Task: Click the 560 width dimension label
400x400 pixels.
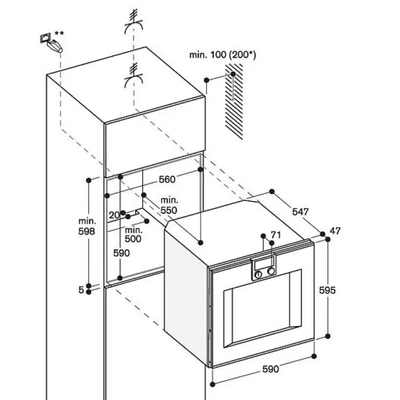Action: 167,179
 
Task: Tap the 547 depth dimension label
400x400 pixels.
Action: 300,212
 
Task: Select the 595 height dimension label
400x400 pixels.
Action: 327,290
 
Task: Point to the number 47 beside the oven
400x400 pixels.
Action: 335,231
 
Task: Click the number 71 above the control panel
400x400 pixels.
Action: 276,234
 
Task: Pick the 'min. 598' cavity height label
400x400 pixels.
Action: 87,226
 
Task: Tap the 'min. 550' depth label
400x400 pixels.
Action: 169,206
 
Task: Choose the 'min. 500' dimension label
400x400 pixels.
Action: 133,234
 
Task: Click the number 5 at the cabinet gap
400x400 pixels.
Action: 81,290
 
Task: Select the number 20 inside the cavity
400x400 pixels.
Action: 114,215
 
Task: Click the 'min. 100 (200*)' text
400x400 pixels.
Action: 222,55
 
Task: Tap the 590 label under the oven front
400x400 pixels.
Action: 271,369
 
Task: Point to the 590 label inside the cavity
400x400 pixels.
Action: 122,253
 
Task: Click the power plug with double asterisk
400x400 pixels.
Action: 51,42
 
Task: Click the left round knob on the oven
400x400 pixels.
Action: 258,274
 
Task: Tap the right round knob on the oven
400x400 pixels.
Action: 271,271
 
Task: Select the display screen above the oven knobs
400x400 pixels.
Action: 263,263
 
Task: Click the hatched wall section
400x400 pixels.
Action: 234,102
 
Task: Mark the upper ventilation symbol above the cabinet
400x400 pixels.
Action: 134,22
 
